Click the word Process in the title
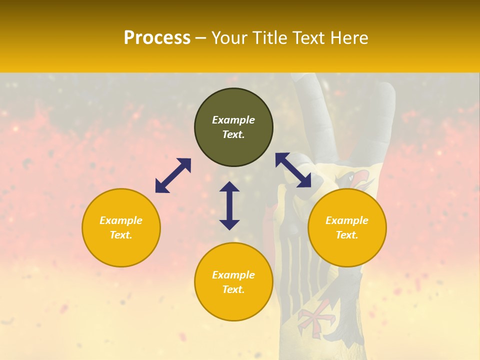coord(157,38)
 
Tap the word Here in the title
coord(348,38)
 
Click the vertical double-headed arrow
coord(229,205)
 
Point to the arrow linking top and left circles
coord(173,175)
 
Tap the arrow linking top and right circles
coord(293,170)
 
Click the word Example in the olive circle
coord(233,120)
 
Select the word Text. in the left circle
coord(121,235)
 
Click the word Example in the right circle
coord(347,220)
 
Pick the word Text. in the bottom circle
coord(233,289)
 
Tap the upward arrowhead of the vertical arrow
coord(229,187)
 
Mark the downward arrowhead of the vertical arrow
coord(229,224)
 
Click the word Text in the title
coord(310,38)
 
